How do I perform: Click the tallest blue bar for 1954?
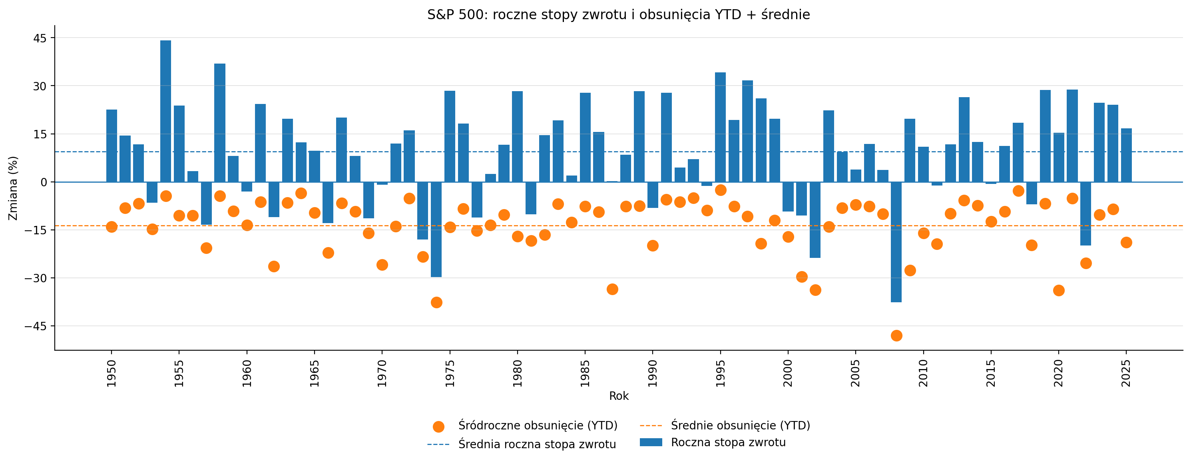(165, 111)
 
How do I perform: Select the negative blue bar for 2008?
(896, 242)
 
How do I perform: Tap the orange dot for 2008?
(896, 335)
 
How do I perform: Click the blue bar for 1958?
(219, 123)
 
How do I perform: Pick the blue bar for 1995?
(720, 127)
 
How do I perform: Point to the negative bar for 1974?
(436, 230)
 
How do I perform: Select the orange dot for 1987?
(612, 289)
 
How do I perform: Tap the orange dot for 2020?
(1059, 290)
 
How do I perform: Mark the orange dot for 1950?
(112, 227)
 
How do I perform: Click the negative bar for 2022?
(1085, 214)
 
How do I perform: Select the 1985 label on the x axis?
(585, 373)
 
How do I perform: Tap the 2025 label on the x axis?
(1126, 373)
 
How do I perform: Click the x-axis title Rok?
(619, 396)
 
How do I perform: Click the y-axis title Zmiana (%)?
(13, 188)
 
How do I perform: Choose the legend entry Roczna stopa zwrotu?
(728, 443)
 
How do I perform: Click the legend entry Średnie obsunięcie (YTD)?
(740, 425)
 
